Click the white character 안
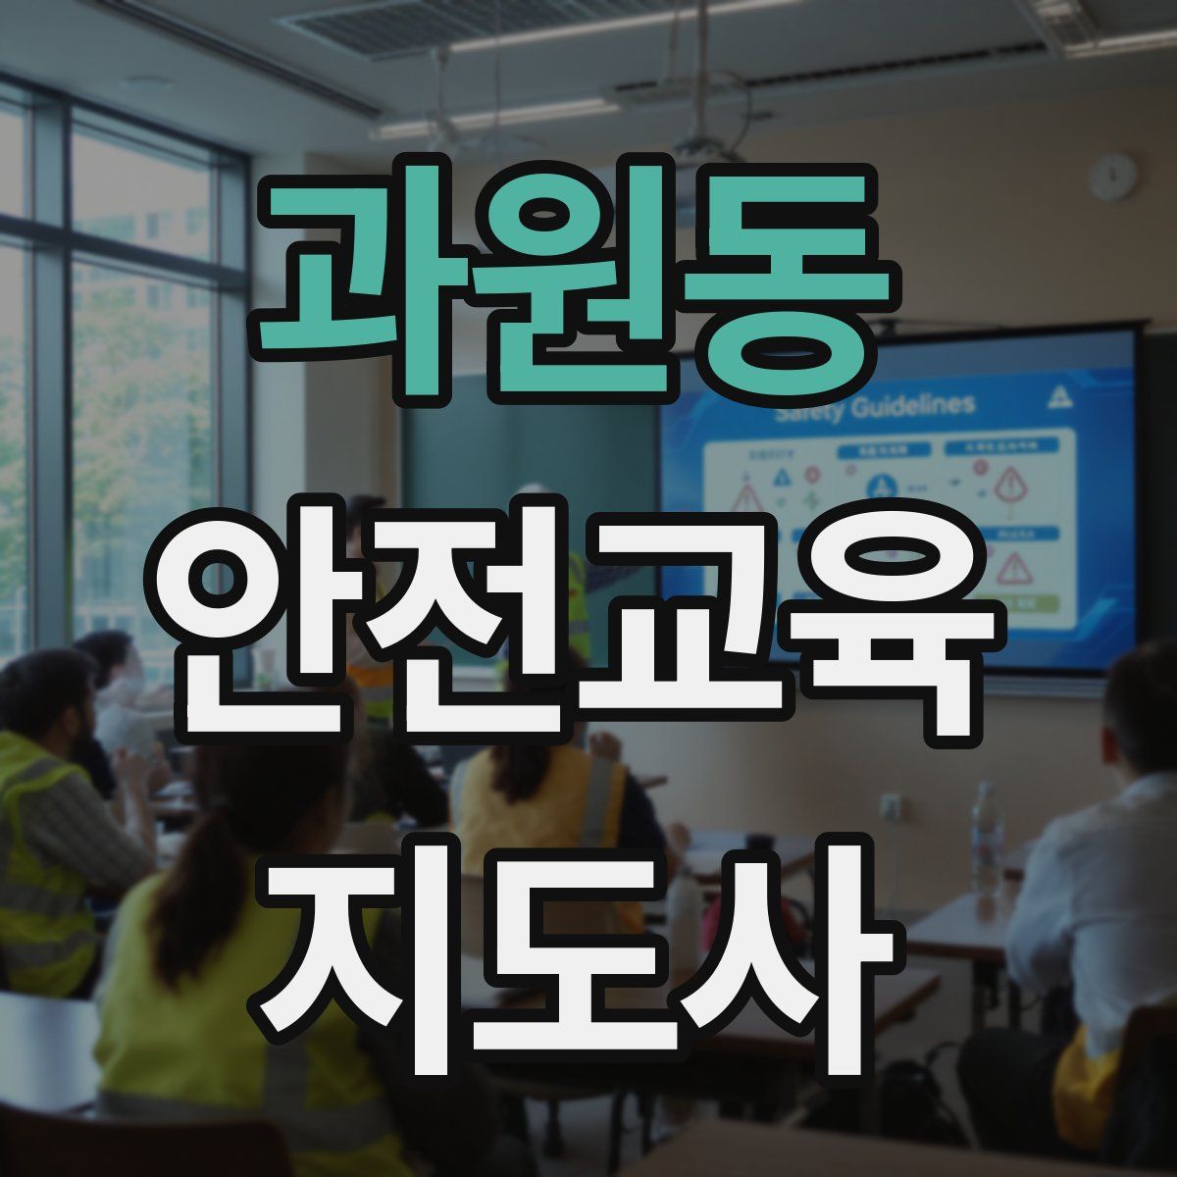coord(265,647)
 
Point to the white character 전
coord(471,647)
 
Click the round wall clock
coord(1112,178)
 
